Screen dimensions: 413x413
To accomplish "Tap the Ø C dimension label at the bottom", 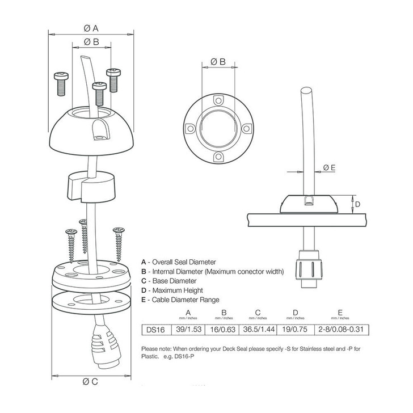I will [x=91, y=381].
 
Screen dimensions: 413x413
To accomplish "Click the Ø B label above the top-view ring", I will [x=218, y=61].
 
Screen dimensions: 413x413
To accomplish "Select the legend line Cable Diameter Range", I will [x=180, y=300].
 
